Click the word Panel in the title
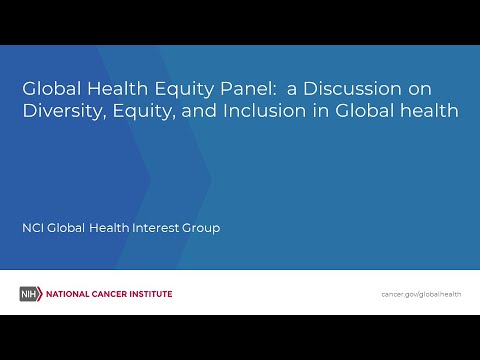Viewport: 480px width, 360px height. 248,89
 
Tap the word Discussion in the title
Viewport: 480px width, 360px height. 353,89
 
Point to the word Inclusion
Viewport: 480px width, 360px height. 264,111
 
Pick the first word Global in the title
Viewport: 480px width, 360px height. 52,89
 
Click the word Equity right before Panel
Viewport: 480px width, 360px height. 184,90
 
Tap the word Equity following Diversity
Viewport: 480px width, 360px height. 144,112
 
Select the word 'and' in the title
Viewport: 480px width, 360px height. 199,111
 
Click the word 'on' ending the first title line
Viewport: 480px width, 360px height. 420,90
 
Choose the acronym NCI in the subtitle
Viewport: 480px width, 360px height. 33,228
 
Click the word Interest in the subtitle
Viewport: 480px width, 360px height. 156,228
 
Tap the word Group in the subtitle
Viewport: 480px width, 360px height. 201,229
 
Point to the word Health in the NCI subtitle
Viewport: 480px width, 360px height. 109,228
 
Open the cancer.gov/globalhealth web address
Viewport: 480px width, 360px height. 421,294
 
